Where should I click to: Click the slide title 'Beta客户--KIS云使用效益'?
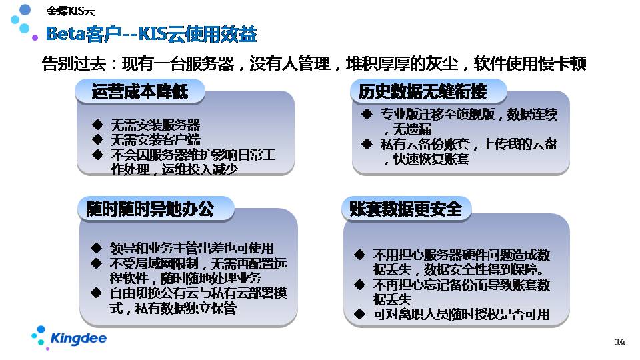pos(151,34)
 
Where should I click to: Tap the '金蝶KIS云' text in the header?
pos(71,11)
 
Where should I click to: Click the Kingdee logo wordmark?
pos(79,339)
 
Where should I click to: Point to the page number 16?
pos(620,341)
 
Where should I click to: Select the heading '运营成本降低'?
pos(140,91)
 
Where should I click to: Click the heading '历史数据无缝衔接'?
pos(423,91)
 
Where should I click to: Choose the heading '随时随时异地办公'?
pos(150,209)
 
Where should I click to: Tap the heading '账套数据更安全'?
pos(406,209)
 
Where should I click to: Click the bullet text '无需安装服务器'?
pos(155,125)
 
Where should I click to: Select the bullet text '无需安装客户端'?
pos(155,140)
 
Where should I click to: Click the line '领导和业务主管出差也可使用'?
pos(192,248)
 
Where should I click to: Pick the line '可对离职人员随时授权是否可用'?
pos(461,314)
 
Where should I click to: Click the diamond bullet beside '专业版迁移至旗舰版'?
pos(367,114)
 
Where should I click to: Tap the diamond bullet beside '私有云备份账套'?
pos(367,144)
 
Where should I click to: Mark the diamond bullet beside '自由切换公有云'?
pos(96,293)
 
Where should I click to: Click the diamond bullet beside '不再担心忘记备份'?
pos(359,285)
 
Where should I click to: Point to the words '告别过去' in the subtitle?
pos(74,64)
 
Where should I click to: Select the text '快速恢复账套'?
pos(431,159)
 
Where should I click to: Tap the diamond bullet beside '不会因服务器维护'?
pos(97,155)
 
